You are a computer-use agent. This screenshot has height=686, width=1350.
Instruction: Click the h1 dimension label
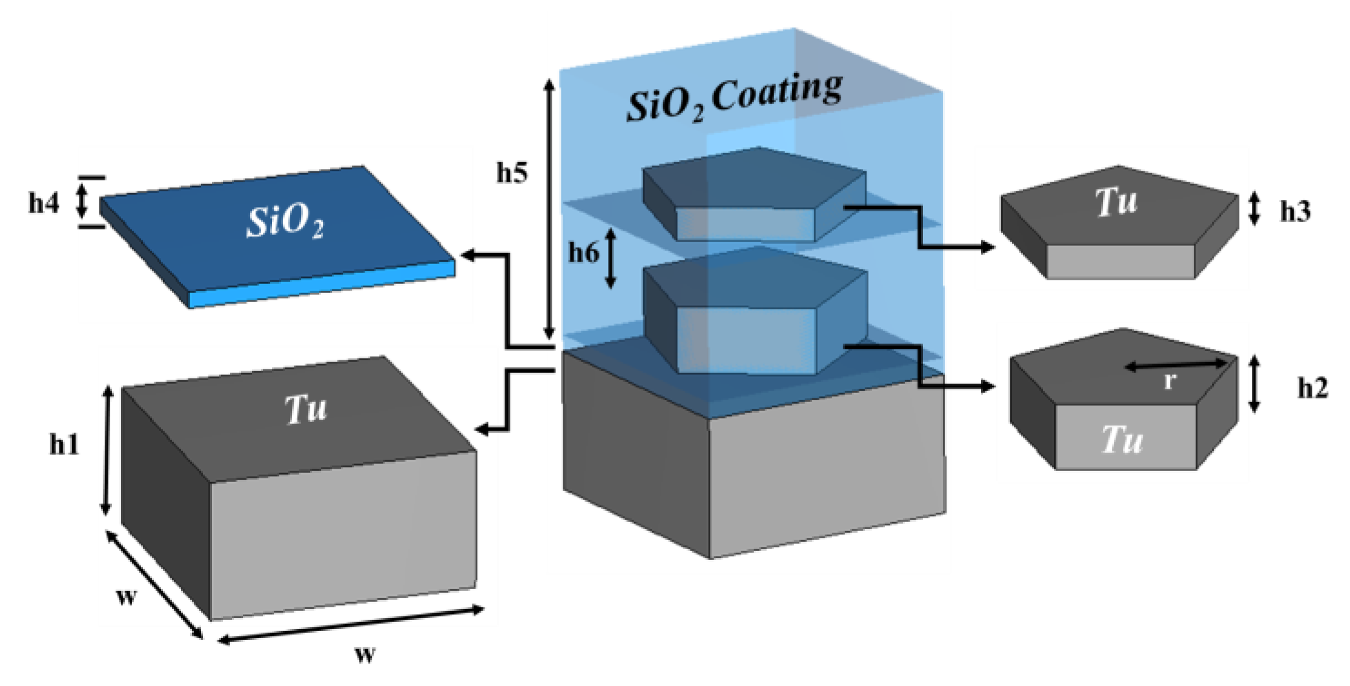tap(64, 446)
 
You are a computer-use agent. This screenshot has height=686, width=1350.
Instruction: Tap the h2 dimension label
tap(1312, 388)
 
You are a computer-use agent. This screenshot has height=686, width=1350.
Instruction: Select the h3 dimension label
tap(1295, 211)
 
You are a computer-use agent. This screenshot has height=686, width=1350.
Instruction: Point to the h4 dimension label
tap(44, 203)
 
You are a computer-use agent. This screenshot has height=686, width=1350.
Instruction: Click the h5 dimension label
tap(512, 173)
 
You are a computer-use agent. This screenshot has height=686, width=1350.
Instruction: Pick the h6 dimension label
tap(583, 252)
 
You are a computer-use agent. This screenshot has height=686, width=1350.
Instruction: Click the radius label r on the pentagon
tap(1170, 381)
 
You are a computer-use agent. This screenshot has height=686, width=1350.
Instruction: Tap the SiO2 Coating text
tap(734, 99)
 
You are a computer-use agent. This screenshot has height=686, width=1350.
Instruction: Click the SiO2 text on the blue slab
tap(285, 222)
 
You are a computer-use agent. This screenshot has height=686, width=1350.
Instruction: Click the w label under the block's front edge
tap(365, 653)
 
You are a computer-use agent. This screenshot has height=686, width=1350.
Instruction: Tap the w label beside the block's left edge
tap(127, 596)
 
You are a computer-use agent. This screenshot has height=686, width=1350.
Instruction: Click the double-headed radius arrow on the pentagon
tap(1175, 364)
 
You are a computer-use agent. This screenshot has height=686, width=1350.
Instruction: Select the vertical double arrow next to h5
tap(549, 209)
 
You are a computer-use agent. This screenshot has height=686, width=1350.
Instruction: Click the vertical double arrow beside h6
tap(611, 258)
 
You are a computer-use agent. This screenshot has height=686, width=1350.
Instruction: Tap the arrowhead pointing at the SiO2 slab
tap(468, 255)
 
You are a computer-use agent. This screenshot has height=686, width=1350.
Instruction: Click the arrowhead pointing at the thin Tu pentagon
tap(987, 246)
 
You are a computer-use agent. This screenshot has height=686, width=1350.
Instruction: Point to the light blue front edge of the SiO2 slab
tap(321, 285)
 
